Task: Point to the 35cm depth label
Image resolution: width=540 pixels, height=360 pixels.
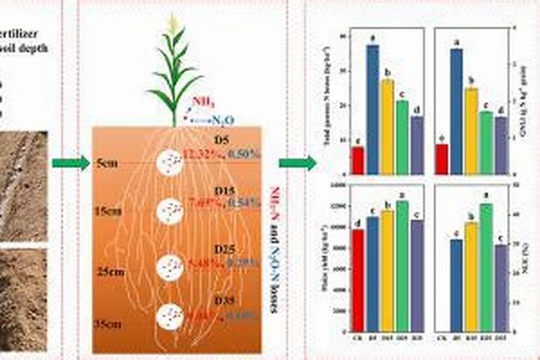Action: coord(109,325)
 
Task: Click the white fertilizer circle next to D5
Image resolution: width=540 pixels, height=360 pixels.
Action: coord(170,163)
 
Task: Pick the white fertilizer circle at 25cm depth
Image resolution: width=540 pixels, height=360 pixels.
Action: coord(170,267)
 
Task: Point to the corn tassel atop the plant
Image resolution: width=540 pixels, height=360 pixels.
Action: coord(173,23)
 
